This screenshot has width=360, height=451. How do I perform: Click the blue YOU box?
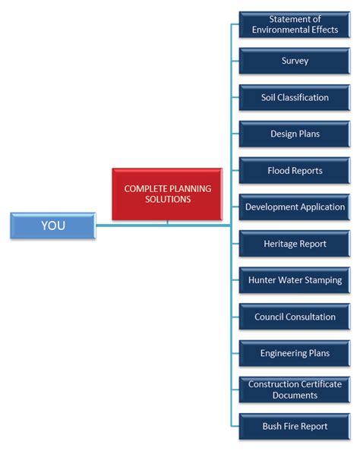52,225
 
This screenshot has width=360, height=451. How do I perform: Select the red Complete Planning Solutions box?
167,194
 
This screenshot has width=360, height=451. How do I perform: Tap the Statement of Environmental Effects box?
294,24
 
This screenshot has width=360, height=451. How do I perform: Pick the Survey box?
294,61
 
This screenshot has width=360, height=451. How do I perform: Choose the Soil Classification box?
294,97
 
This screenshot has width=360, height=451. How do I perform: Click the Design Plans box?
294,134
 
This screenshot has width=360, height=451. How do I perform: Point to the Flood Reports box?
294,170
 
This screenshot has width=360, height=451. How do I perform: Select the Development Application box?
294,207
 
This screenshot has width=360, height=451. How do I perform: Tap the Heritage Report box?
294,244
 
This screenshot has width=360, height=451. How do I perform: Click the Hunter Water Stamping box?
294,280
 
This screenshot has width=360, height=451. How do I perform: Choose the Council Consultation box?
294,317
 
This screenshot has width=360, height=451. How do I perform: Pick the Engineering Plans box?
294,353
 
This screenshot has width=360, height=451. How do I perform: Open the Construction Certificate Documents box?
294,389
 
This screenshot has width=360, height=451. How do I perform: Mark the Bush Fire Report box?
294,426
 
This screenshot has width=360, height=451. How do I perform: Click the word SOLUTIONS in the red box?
168,200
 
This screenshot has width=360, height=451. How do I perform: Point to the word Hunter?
263,280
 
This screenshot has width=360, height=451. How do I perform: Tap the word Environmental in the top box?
279,30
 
